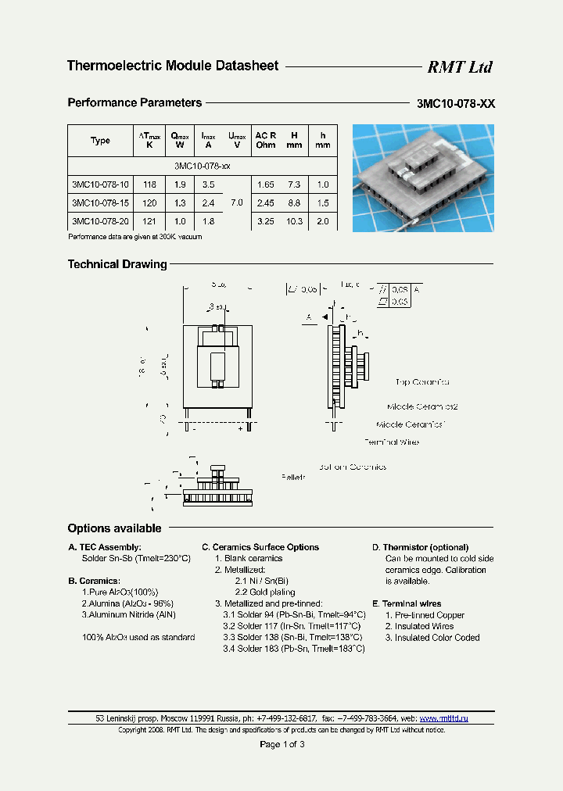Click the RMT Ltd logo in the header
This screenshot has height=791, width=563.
tap(459, 67)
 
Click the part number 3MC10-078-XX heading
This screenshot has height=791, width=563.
tap(456, 103)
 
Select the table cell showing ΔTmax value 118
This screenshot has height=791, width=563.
tap(149, 185)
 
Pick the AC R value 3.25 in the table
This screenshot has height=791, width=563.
tap(266, 221)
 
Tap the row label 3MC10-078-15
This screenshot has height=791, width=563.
tap(100, 203)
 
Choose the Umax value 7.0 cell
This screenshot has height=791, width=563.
tap(236, 202)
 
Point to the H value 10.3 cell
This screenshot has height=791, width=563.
tap(294, 221)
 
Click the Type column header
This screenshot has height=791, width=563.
tap(100, 141)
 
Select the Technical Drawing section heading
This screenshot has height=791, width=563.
tap(117, 264)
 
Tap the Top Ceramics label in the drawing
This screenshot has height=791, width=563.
tap(422, 383)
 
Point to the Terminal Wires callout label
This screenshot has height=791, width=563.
tap(392, 442)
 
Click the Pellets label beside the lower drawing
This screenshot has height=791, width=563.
tap(293, 475)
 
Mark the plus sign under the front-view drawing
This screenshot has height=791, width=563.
tap(240, 428)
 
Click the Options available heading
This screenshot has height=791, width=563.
tap(114, 528)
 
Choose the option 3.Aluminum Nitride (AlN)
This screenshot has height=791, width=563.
tap(128, 615)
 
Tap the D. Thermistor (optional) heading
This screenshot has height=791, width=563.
tap(420, 547)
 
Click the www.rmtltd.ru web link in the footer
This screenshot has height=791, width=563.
tap(443, 718)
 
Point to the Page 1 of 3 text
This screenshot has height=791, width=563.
tap(281, 744)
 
